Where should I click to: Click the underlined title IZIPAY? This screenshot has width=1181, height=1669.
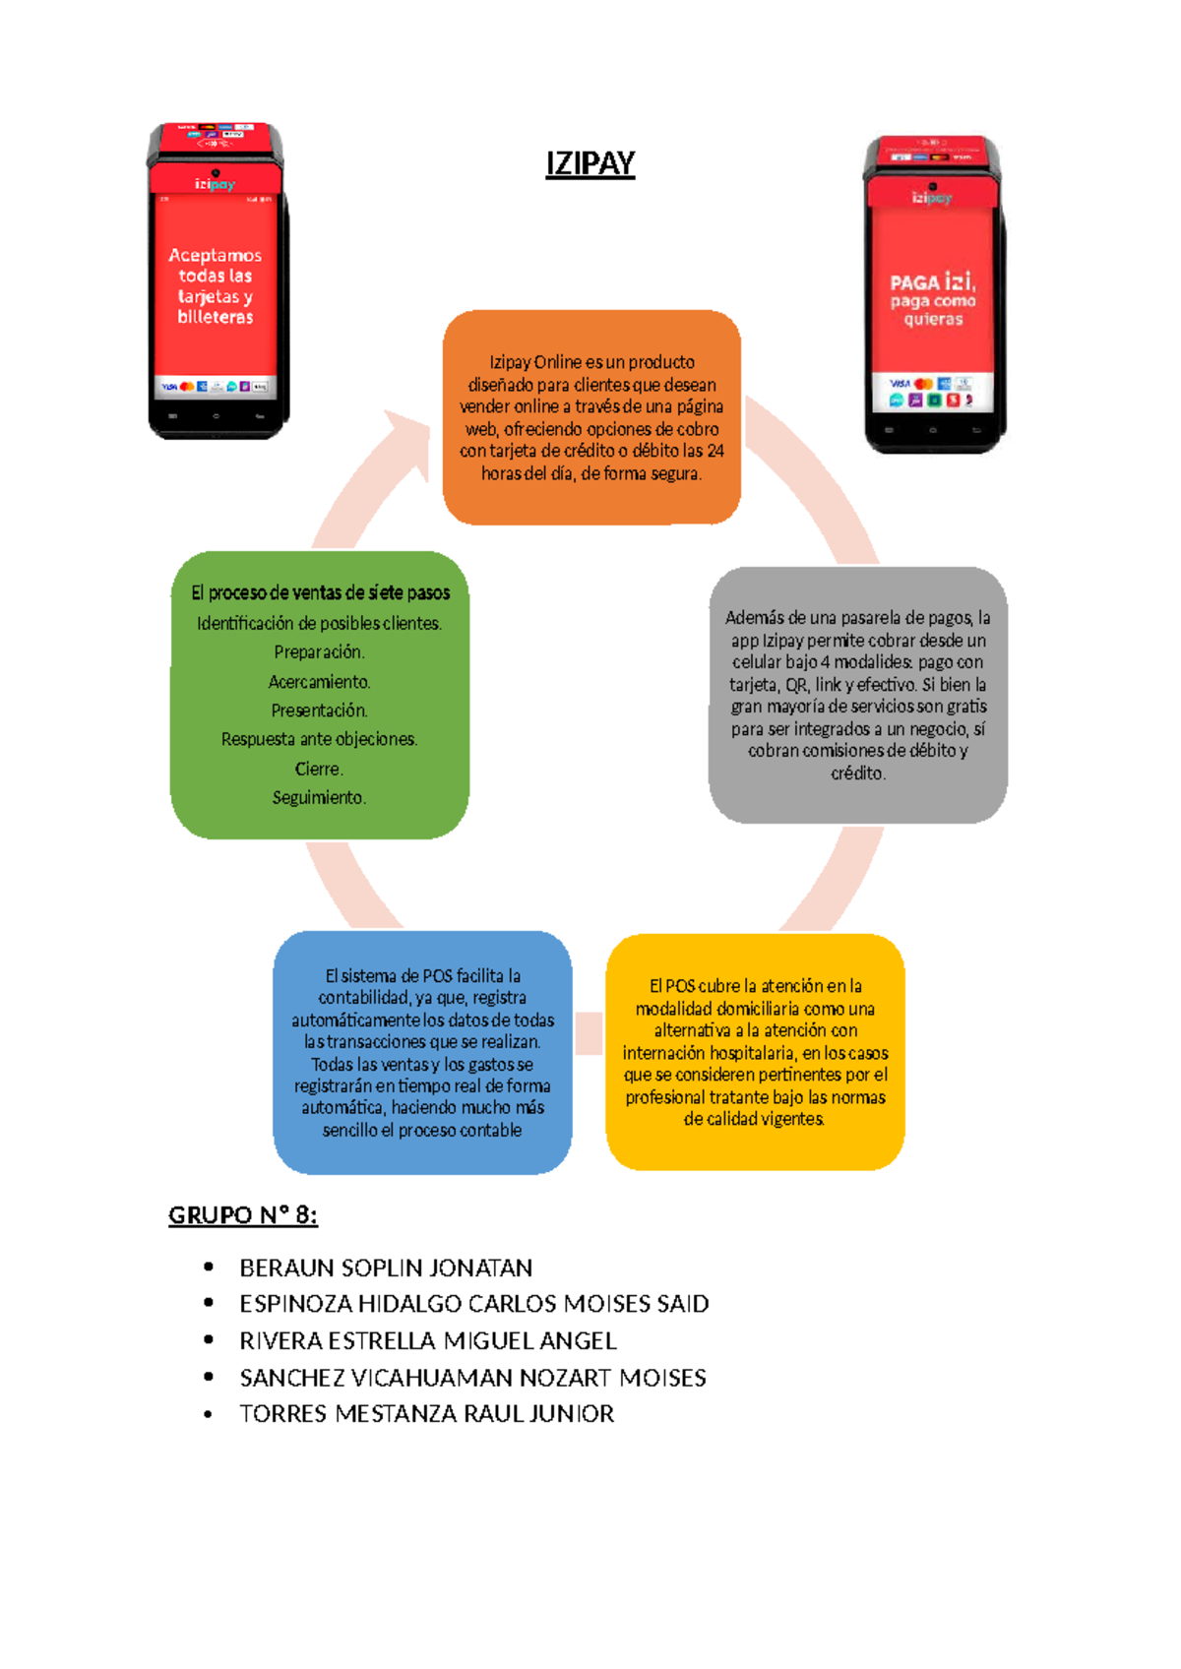590,163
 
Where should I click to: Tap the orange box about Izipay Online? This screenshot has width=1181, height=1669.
591,417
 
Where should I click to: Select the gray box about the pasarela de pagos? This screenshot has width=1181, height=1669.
857,695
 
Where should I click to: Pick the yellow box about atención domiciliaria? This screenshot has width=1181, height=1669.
755,1051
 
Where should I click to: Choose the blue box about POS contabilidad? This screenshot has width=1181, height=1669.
422,1052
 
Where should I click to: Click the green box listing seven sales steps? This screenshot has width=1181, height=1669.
320,695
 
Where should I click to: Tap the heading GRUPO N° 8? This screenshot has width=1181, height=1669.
243,1215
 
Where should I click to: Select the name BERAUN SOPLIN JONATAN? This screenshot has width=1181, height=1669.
386,1267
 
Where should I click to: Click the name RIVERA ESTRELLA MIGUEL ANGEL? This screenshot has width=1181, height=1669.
428,1340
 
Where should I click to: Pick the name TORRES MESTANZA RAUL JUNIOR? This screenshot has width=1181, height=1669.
426,1413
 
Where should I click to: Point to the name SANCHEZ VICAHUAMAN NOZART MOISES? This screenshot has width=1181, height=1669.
472,1378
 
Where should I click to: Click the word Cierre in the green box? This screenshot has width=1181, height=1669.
319,769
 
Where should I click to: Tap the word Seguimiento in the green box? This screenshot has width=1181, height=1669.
319,797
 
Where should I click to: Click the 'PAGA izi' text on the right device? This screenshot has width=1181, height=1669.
933,281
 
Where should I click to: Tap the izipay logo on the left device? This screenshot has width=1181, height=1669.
215,183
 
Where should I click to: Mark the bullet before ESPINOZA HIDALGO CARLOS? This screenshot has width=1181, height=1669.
208,1302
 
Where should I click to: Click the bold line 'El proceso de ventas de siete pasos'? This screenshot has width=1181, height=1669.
321,592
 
